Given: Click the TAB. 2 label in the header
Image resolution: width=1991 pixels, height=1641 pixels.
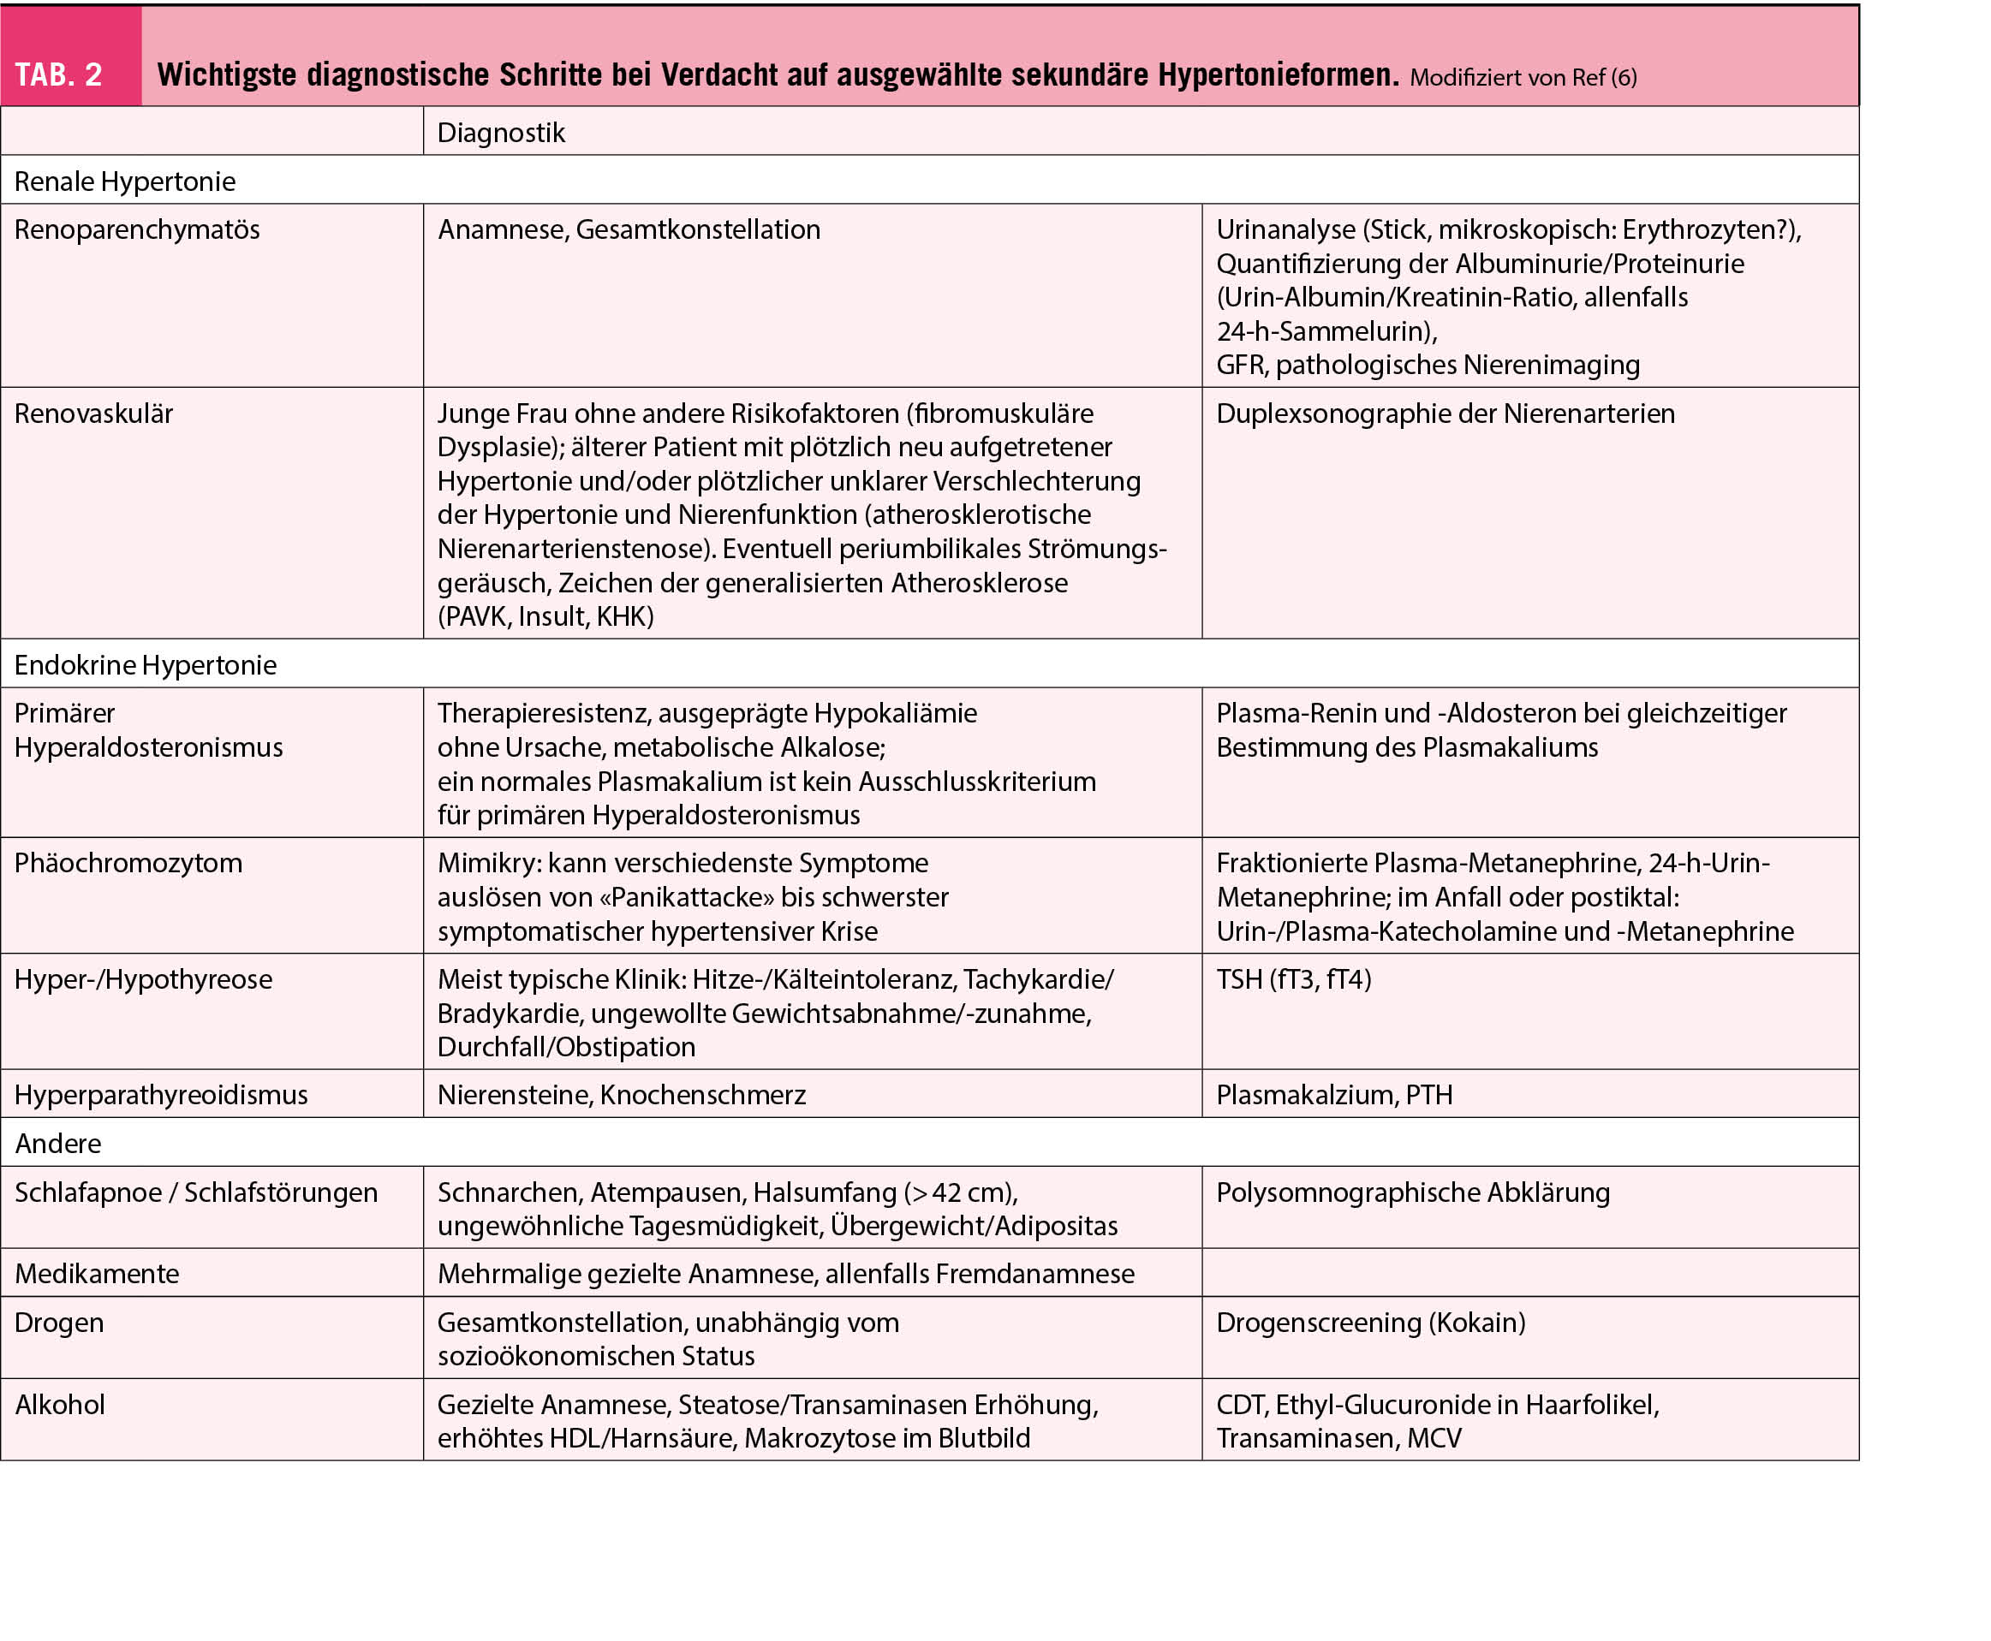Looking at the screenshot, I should click(x=58, y=74).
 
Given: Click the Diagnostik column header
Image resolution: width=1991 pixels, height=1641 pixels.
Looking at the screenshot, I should click(x=500, y=133).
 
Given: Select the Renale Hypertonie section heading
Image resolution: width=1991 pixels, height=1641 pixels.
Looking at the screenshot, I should click(x=125, y=181).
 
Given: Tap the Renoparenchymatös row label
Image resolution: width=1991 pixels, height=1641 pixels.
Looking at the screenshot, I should click(x=137, y=229).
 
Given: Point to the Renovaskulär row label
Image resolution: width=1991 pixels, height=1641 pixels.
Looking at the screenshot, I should click(x=93, y=413).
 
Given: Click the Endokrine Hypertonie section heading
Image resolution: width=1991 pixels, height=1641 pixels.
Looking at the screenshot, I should click(x=146, y=664).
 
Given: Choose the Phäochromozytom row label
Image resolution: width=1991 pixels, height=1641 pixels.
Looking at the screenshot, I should click(x=128, y=862).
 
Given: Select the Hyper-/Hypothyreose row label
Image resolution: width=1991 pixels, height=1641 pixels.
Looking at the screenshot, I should click(x=144, y=978).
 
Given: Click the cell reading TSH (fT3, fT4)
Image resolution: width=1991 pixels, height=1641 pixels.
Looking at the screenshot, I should click(x=1293, y=978).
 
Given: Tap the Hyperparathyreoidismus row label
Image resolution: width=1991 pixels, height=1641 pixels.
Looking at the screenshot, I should click(x=162, y=1095).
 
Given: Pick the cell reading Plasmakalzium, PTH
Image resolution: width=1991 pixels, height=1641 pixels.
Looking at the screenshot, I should click(x=1334, y=1095).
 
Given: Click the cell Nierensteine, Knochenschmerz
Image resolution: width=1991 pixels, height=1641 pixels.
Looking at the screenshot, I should click(x=621, y=1095).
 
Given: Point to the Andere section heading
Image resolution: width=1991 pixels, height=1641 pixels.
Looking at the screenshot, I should click(x=58, y=1143).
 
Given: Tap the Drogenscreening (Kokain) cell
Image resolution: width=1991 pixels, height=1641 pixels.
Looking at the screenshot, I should click(x=1371, y=1322).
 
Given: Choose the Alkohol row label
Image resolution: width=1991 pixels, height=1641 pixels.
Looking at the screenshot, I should click(x=61, y=1404).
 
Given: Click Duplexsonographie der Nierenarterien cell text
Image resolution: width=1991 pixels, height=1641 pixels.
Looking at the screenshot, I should click(x=1445, y=413).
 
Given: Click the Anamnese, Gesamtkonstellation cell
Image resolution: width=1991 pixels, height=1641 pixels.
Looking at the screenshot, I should click(x=629, y=229).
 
